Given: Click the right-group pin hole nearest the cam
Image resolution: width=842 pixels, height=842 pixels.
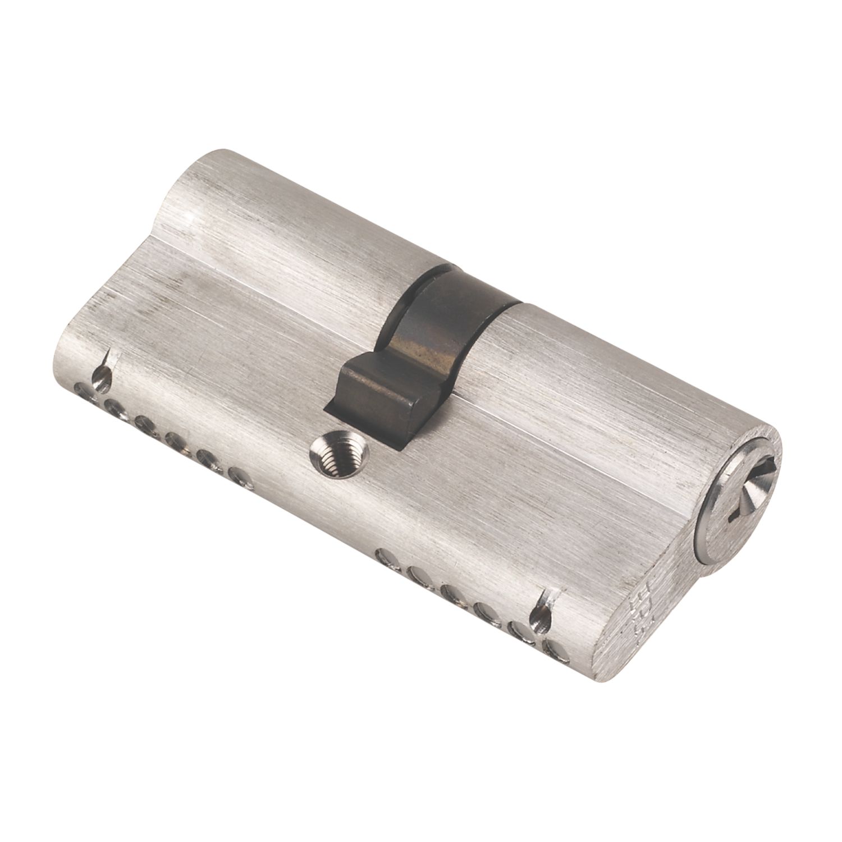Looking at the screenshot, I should (386, 557).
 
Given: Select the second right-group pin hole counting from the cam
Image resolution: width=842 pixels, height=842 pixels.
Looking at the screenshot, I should (418, 574).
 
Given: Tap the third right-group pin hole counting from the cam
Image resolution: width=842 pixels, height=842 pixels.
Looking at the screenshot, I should (450, 592).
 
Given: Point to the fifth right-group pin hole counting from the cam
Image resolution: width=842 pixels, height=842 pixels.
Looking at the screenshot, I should (522, 630).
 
